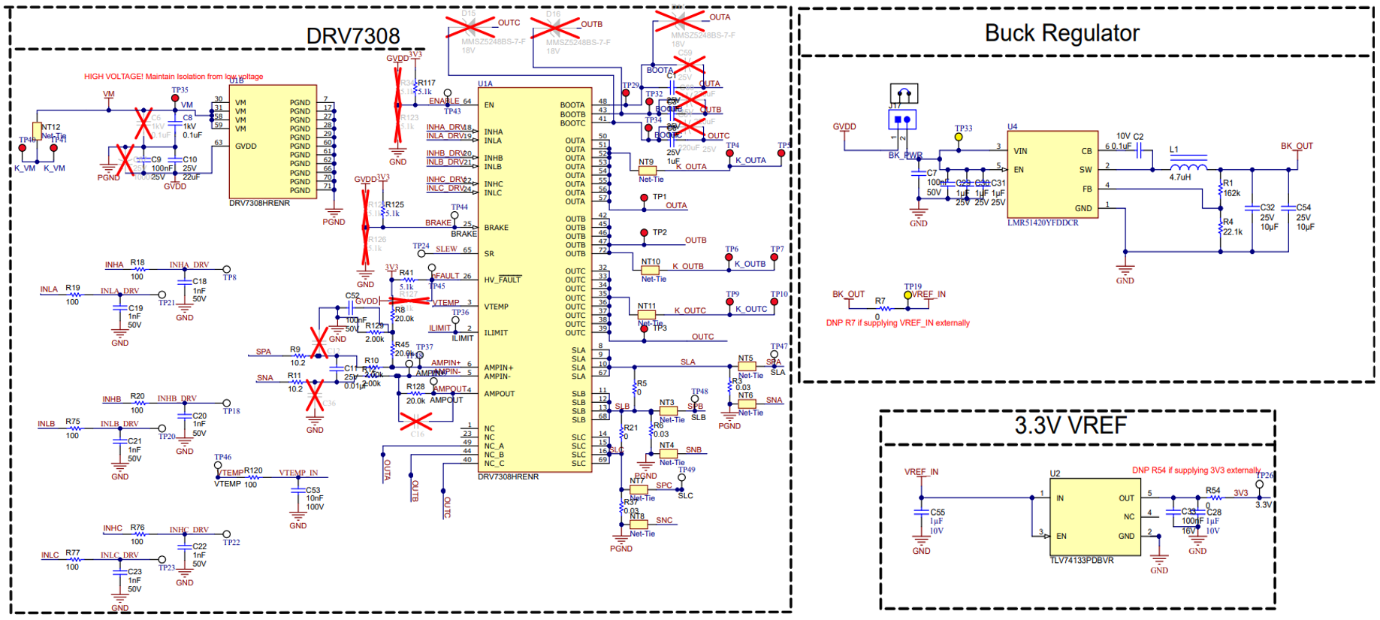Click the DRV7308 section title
(x=352, y=36)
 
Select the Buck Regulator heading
(x=1061, y=33)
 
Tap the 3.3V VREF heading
(x=1070, y=425)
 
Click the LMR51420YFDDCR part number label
(x=1043, y=223)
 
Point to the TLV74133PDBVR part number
(x=1082, y=561)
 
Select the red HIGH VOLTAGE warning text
(x=174, y=77)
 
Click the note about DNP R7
(x=898, y=323)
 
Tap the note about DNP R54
(x=1196, y=470)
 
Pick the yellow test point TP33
(x=959, y=138)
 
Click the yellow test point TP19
(x=907, y=295)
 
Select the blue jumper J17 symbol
(x=903, y=119)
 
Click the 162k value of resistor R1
(x=1232, y=193)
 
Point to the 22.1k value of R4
(x=1233, y=232)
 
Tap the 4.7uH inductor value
(x=1180, y=177)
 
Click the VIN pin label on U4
(x=1020, y=151)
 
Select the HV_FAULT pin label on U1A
(x=502, y=280)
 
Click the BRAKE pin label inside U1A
(x=496, y=228)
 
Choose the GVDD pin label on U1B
(x=246, y=147)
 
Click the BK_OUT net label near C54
(x=1297, y=146)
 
